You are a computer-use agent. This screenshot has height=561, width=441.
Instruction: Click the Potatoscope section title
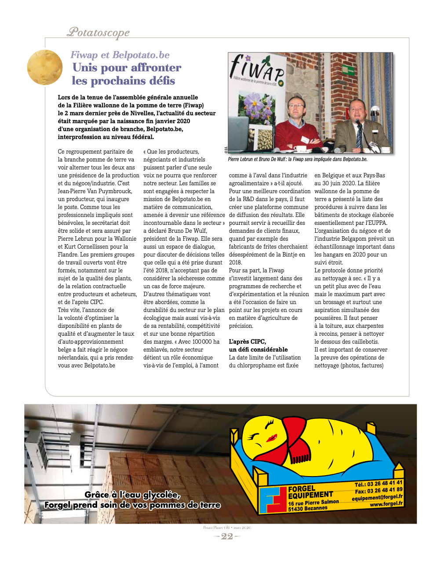(98, 32)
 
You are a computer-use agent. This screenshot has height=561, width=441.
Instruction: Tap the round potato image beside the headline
(45, 67)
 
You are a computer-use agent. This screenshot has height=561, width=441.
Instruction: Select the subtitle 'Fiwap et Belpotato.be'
(120, 55)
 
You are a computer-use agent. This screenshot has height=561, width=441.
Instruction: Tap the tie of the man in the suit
(359, 137)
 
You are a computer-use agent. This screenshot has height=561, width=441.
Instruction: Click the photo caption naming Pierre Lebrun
(297, 159)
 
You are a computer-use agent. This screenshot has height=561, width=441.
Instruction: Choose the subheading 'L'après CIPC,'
(248, 341)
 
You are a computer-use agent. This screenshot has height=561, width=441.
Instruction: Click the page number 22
(227, 536)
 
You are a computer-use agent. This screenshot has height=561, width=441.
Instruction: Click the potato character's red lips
(272, 438)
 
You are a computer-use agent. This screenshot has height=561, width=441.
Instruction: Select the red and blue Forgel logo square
(273, 499)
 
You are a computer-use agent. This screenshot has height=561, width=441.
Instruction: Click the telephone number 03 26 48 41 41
(385, 484)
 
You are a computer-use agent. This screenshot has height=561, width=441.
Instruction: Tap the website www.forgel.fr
(386, 504)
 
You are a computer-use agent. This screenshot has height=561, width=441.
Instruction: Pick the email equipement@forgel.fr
(377, 497)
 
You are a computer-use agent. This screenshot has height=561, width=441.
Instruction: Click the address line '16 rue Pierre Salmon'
(313, 502)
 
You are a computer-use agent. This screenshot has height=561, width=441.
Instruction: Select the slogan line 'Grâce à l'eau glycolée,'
(132, 495)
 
